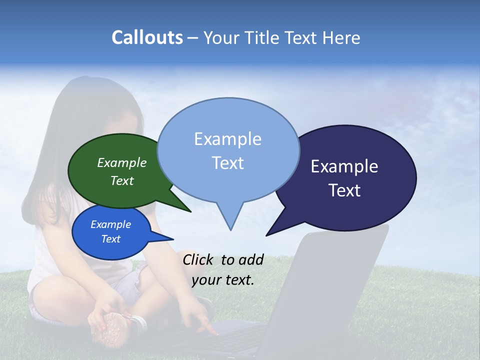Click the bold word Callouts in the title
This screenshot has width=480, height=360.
pos(147,37)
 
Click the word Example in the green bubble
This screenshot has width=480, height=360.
pos(122,162)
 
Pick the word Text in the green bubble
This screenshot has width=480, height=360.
pos(122,180)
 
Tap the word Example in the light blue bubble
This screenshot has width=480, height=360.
pos(227,138)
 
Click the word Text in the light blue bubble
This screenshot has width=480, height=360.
pos(227,163)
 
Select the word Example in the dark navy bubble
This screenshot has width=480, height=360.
pos(344,166)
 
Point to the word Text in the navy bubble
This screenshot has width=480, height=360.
pos(344,190)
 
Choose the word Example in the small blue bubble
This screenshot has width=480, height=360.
pos(111,224)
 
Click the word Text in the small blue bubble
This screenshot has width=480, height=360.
pos(111,239)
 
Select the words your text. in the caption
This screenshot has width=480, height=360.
pos(223,280)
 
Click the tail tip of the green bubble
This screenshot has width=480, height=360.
pos(190,211)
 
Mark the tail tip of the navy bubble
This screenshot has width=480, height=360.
pos(266,235)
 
